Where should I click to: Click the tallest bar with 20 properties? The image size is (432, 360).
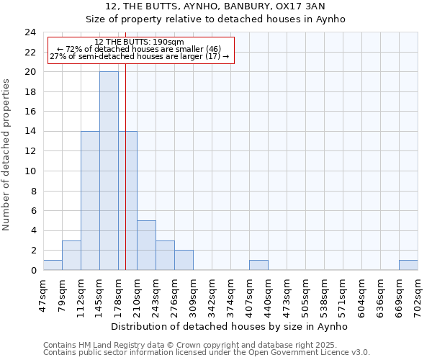[x=109, y=171]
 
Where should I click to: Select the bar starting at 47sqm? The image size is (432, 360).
[x=53, y=265]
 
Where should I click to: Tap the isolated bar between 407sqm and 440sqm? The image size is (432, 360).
[x=258, y=265]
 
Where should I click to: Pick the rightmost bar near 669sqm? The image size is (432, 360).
[x=408, y=265]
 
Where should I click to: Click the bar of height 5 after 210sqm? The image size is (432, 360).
[x=146, y=246]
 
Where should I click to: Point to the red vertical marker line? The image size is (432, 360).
[x=125, y=180]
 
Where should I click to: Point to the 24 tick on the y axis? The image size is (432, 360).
[x=30, y=32]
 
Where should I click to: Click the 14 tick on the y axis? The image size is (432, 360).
[x=30, y=132]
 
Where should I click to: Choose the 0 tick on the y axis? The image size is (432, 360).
[x=33, y=271]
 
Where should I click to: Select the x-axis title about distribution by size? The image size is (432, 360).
[x=230, y=326]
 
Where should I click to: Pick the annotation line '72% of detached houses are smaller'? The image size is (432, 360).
[x=140, y=49]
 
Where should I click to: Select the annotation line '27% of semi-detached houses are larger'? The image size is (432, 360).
[x=140, y=56]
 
